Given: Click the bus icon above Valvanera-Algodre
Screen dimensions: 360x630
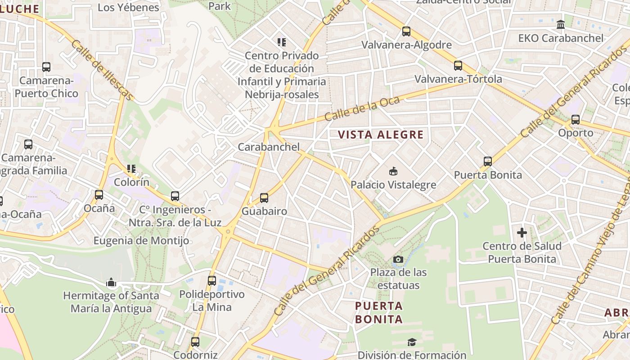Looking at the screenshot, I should click(406, 31).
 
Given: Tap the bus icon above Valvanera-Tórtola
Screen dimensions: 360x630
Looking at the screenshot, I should click(458, 66).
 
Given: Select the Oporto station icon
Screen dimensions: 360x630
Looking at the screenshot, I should click(576, 120).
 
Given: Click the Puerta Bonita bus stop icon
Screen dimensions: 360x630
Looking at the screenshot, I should click(488, 162).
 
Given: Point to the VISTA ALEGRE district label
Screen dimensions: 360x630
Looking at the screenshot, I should click(381, 135).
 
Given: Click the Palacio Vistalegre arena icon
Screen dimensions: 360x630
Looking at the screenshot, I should click(393, 171).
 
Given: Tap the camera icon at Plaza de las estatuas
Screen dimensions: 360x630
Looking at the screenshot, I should click(398, 259).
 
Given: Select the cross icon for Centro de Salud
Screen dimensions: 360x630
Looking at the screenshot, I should click(522, 233).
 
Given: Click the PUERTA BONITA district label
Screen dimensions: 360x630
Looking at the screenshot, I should click(378, 313).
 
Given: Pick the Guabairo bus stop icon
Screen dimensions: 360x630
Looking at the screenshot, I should click(264, 198).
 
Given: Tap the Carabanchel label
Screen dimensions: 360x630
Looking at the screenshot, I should click(269, 147).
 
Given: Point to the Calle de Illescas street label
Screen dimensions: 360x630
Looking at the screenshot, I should click(102, 70).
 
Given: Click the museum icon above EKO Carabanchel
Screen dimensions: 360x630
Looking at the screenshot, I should click(561, 25).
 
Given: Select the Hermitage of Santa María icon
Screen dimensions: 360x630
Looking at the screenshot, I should click(111, 283).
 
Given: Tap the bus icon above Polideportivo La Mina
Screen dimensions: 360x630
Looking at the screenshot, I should click(212, 281).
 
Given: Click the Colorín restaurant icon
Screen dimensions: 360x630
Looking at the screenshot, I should click(131, 169).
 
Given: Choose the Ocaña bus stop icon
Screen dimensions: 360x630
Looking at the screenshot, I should click(99, 195).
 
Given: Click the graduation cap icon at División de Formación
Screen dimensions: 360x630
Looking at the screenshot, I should click(412, 342).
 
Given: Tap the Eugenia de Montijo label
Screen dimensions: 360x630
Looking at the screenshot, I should click(141, 241).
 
